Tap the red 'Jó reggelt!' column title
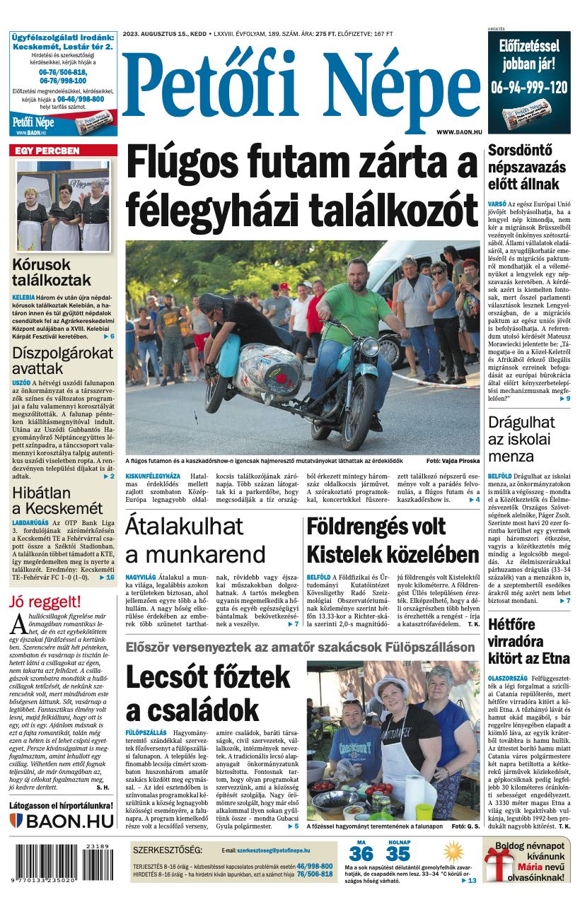click(45, 602)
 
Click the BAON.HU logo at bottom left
click(62, 821)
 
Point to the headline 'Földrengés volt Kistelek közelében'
click(393, 539)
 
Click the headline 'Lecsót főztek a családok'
click(192, 693)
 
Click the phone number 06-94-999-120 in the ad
click(529, 88)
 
